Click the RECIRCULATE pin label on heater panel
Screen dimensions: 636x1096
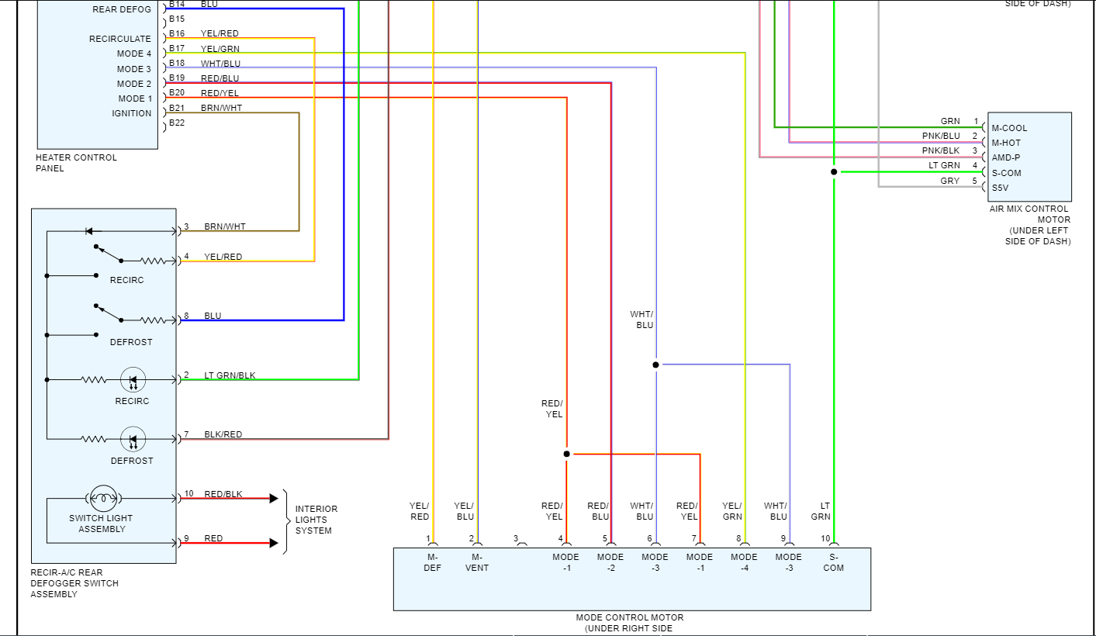tap(120, 39)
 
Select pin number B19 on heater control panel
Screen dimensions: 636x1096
tap(177, 78)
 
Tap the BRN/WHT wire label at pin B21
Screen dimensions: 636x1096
tap(221, 108)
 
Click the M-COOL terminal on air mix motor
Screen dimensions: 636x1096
tap(1009, 128)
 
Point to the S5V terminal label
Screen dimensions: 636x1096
tap(1001, 188)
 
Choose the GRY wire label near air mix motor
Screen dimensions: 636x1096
tap(949, 181)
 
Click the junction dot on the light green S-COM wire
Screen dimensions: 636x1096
tap(834, 172)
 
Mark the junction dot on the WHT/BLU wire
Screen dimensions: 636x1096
tap(655, 365)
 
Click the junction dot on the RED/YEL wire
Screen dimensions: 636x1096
tap(566, 454)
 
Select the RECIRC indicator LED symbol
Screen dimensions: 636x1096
tap(133, 380)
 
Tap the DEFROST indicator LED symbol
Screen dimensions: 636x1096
tap(133, 440)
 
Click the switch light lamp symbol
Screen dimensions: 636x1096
tap(102, 498)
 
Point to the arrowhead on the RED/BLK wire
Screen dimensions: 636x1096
tap(273, 499)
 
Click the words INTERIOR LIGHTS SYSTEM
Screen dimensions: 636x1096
tap(316, 520)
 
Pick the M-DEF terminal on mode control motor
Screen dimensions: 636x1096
tap(433, 562)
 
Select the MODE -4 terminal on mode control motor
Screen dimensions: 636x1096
tap(744, 562)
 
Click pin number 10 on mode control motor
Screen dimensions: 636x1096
tap(825, 538)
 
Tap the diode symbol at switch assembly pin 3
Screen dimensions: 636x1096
tap(89, 231)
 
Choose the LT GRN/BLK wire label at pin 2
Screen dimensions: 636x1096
tap(230, 375)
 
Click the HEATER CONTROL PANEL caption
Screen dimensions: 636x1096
tap(76, 163)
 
